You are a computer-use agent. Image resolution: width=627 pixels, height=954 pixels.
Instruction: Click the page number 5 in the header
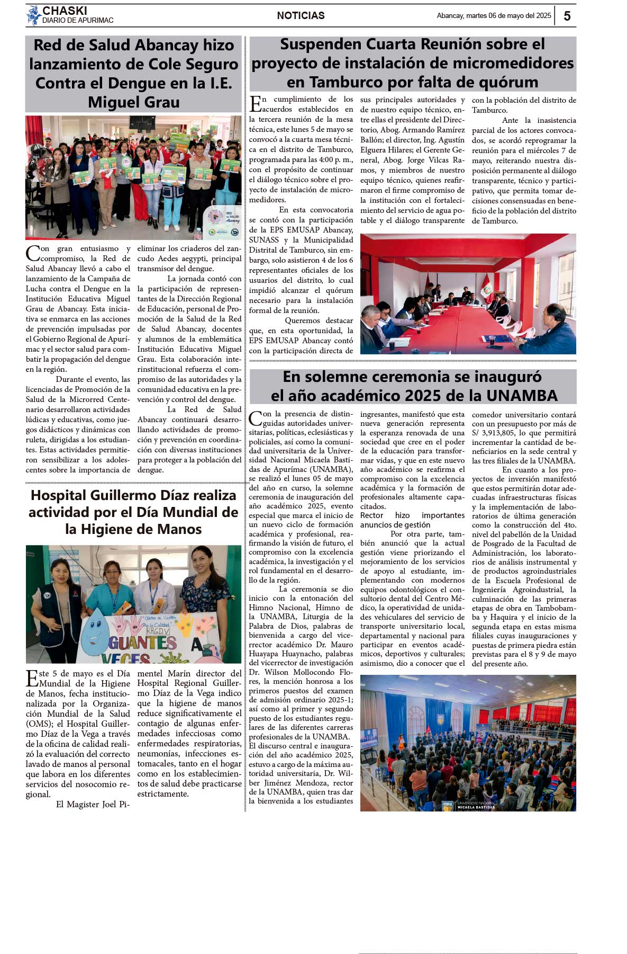(567, 16)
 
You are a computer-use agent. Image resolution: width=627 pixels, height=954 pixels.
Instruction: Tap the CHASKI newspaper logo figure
(34, 15)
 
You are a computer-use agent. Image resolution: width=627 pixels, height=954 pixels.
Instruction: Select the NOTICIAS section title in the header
(301, 16)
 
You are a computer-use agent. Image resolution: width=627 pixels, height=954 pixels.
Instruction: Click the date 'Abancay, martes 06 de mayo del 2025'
(494, 16)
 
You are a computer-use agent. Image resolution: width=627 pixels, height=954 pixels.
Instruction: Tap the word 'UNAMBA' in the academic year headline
(521, 396)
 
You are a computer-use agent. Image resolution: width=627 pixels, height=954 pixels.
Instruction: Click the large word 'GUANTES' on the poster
(143, 642)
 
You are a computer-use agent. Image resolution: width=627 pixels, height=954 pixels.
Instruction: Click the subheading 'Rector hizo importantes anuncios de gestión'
(412, 520)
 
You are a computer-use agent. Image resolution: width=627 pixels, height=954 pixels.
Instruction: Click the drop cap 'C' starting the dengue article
(32, 253)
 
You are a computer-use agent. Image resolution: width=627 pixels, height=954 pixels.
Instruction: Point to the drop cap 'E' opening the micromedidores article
(255, 104)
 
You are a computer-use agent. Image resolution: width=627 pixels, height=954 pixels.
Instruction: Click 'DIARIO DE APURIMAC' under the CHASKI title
(78, 21)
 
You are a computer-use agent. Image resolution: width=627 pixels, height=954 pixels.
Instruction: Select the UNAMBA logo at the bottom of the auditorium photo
(448, 806)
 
